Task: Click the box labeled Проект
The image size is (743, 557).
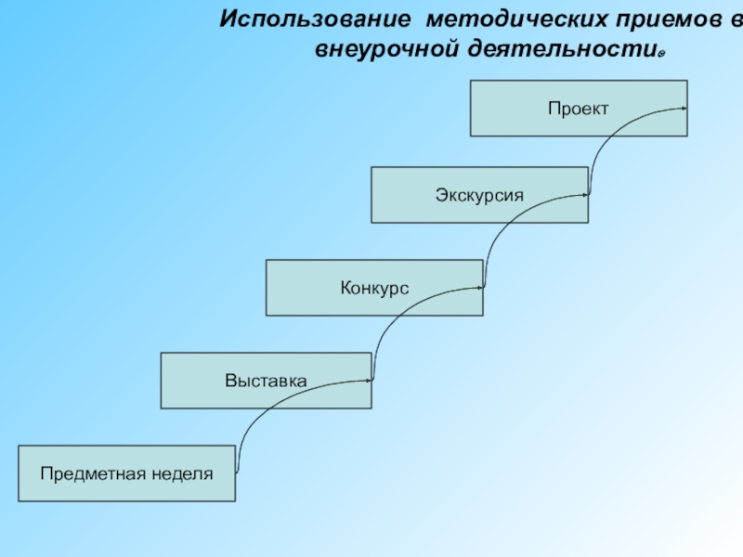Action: click(578, 109)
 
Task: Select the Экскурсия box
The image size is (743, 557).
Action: click(479, 195)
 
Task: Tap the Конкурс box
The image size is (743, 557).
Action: click(374, 288)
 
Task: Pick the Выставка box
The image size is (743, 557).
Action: click(266, 381)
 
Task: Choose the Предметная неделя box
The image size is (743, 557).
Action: click(126, 473)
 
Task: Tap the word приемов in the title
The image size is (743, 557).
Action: click(659, 20)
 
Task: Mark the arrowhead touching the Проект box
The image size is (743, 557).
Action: click(684, 109)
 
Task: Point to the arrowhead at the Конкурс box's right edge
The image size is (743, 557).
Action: click(480, 288)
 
